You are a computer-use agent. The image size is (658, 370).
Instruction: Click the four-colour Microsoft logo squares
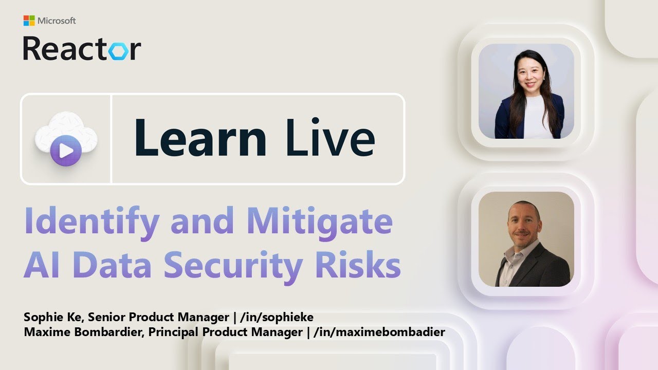point(29,21)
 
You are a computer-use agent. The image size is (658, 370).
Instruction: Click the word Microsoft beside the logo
point(57,21)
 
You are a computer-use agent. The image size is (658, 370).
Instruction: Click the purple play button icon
point(66,151)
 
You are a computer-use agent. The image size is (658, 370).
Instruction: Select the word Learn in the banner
point(200,138)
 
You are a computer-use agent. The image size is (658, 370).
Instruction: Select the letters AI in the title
point(40,265)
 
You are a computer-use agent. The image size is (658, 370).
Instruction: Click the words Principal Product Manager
point(225,332)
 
